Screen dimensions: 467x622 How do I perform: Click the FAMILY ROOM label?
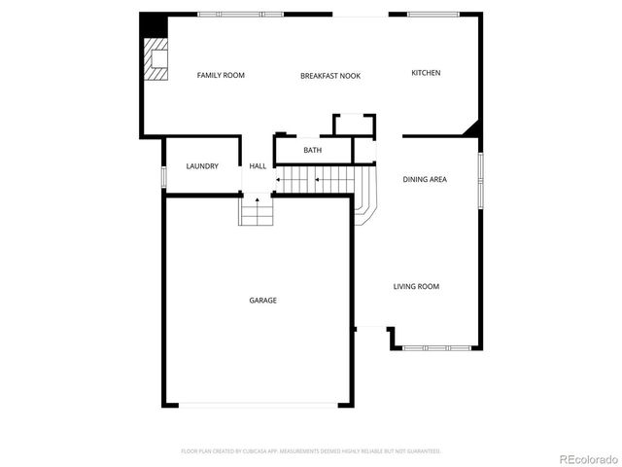(221, 75)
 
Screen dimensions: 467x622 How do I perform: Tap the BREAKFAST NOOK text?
(330, 76)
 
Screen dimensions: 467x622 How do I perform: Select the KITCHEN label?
(426, 73)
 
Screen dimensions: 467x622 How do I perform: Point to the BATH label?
(312, 150)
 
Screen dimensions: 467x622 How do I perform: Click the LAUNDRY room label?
(202, 166)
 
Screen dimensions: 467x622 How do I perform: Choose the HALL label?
(258, 166)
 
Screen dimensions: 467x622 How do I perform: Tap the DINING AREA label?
(425, 179)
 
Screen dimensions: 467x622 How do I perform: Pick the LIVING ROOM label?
(416, 286)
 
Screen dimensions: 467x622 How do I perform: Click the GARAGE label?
(262, 301)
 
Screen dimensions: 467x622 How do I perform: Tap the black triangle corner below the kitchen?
(473, 128)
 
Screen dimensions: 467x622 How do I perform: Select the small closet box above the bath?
(354, 126)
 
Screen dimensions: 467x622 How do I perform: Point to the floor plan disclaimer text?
(311, 451)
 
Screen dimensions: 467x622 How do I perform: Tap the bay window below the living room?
(436, 347)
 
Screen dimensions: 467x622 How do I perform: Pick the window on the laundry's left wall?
(163, 177)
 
